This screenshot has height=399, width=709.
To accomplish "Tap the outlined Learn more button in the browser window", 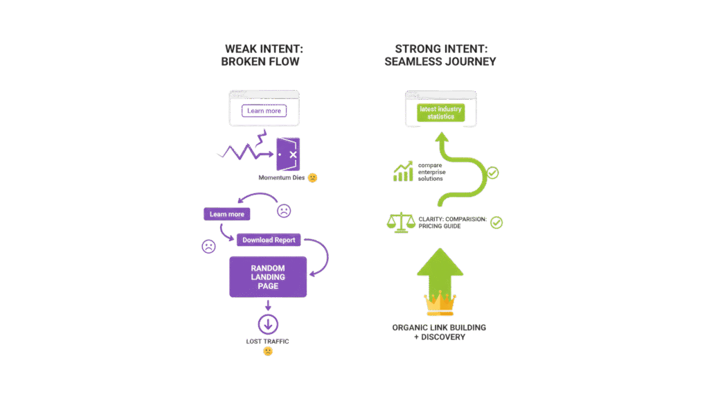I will (x=264, y=112).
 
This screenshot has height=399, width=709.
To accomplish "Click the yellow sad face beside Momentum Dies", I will (x=313, y=178).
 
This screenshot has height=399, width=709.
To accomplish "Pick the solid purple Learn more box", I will (x=227, y=215).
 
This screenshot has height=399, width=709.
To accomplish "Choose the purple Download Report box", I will (x=268, y=240).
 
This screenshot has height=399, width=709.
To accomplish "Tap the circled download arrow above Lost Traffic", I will (x=267, y=323).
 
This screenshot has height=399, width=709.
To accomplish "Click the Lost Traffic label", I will (x=267, y=342).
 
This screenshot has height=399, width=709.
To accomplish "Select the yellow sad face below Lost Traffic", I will (x=267, y=352).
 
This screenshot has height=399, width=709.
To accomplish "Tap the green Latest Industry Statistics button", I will (x=440, y=112).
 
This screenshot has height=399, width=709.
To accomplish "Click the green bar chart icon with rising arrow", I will (x=403, y=171).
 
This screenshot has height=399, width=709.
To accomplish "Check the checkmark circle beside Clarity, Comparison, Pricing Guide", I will (x=496, y=223).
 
